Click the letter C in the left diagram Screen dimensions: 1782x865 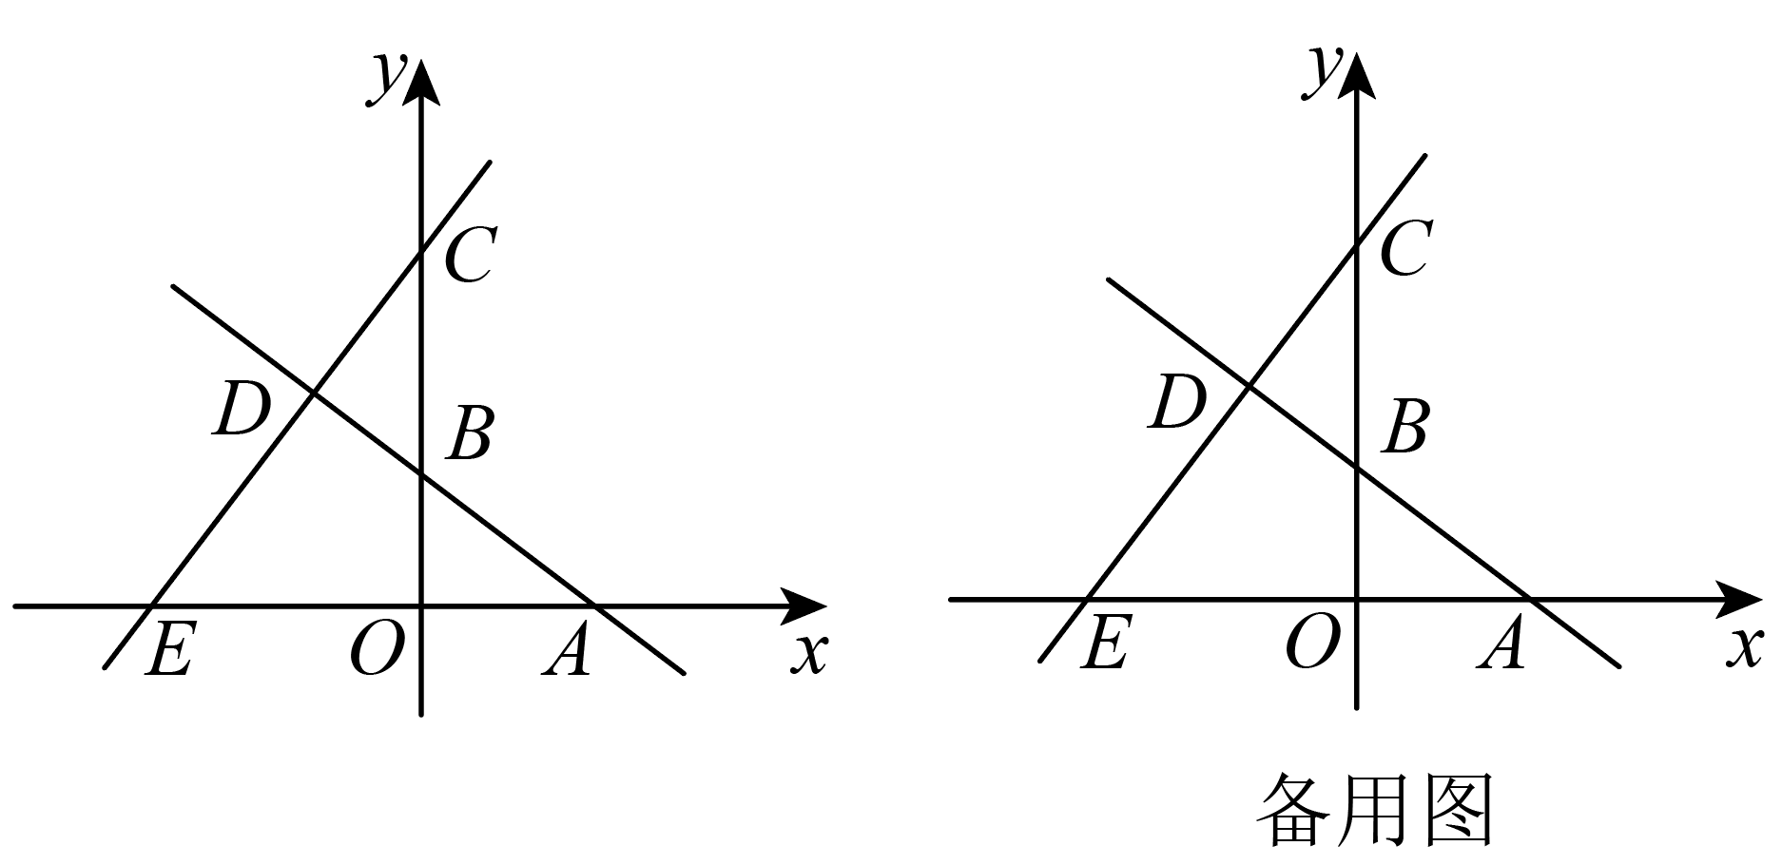click(469, 256)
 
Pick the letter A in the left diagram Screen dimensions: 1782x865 click(567, 650)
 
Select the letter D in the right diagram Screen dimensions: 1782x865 click(1178, 401)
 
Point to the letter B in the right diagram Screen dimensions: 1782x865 click(1404, 427)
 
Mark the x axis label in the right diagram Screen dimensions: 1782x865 click(1746, 648)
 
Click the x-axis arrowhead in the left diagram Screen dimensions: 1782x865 click(804, 605)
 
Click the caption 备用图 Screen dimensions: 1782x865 click(1376, 810)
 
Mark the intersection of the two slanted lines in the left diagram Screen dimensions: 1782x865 click(314, 392)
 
